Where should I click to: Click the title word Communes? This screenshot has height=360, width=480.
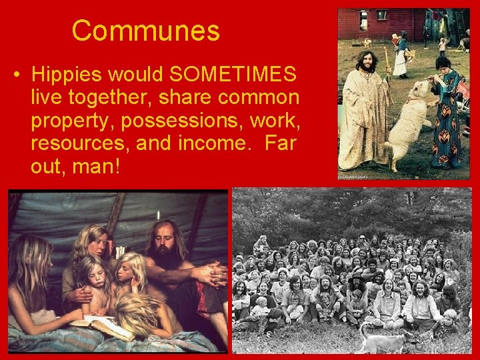coord(145,31)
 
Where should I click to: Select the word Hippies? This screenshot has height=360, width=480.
coord(67,74)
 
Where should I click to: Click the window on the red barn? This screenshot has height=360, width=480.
coord(381,15)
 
